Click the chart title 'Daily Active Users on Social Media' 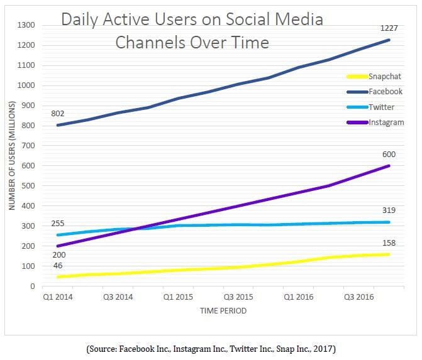(192, 20)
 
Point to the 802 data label (58, 113)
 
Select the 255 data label (58, 222)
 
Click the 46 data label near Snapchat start (57, 266)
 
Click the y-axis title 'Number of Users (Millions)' (12, 156)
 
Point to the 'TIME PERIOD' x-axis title (223, 310)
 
